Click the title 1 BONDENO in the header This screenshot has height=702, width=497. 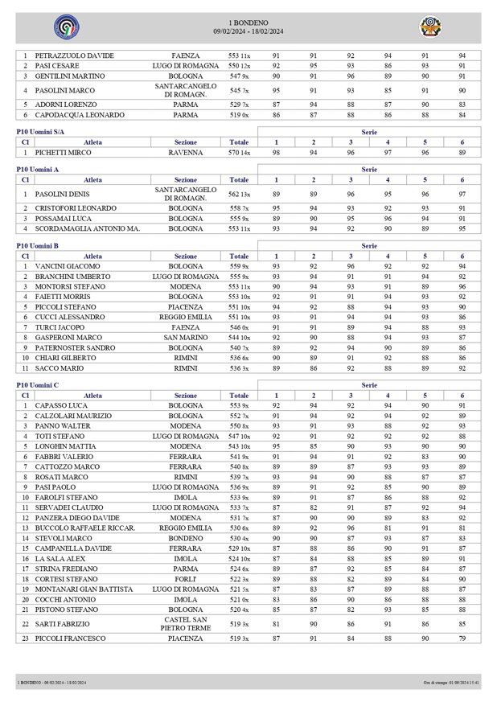[x=249, y=23]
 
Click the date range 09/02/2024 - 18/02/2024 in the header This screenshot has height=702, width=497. [x=249, y=31]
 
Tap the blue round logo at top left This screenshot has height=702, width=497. [x=62, y=27]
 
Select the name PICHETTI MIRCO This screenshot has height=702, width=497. [x=63, y=151]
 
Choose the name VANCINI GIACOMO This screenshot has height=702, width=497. [x=68, y=265]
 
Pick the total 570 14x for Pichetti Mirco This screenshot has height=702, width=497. [x=239, y=151]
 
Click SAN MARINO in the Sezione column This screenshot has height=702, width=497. [x=186, y=337]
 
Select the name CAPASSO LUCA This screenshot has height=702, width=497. [x=60, y=406]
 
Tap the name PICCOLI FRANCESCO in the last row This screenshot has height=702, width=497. [x=70, y=638]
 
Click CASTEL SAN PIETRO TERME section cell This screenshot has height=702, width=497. [x=186, y=623]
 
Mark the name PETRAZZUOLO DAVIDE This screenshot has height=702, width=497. [x=74, y=55]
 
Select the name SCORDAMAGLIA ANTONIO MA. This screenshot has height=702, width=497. [x=88, y=228]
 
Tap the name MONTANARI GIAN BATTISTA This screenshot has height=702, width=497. [x=84, y=589]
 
